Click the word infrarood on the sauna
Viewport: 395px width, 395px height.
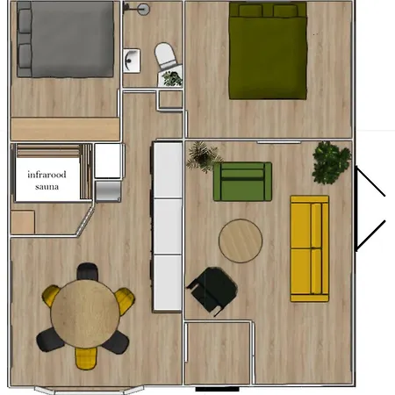tap(47, 175)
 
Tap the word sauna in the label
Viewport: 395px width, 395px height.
tap(47, 187)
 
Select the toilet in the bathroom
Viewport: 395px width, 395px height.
tap(166, 56)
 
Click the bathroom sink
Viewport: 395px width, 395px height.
tap(132, 61)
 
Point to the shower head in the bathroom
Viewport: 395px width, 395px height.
tap(144, 10)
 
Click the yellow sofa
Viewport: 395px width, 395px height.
tap(310, 248)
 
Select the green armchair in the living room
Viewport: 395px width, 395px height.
tap(242, 182)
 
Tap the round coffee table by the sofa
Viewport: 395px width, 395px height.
tap(241, 241)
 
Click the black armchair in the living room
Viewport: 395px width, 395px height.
tap(213, 290)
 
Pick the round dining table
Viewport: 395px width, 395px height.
tap(85, 313)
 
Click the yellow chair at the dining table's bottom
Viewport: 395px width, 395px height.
tap(86, 358)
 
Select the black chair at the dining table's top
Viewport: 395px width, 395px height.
tap(87, 271)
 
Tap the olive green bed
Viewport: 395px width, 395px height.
tap(268, 50)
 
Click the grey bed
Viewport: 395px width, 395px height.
tap(65, 39)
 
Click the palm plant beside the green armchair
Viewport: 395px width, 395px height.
tap(204, 156)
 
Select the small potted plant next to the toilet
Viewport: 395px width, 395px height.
tap(172, 78)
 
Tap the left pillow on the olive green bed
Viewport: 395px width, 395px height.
tap(250, 11)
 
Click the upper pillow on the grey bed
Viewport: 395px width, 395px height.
tap(25, 21)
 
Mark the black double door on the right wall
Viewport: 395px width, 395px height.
tap(370, 208)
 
